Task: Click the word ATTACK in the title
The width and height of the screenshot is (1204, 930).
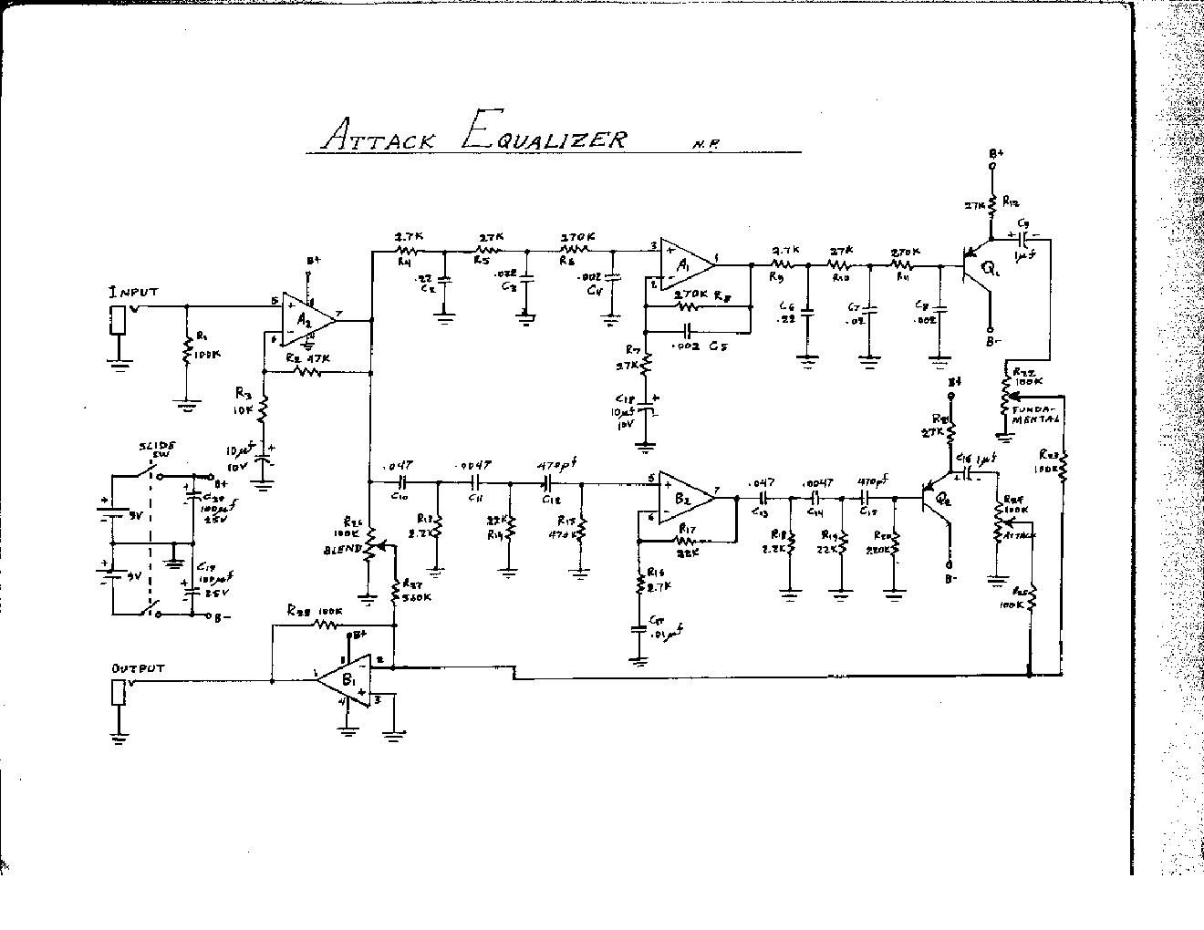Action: click(379, 138)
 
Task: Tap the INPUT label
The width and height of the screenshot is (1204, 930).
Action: click(132, 293)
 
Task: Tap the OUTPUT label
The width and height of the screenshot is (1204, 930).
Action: click(138, 668)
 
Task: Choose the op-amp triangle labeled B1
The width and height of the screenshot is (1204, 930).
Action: click(351, 679)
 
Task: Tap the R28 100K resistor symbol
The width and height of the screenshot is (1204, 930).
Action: click(326, 625)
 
